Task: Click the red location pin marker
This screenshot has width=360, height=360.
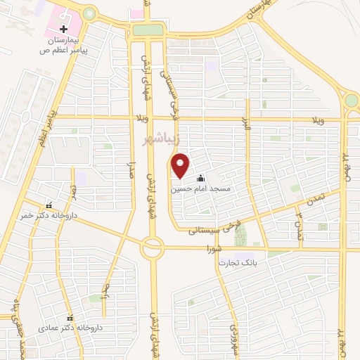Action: (x=181, y=166)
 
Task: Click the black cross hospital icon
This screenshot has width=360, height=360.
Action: (x=64, y=30)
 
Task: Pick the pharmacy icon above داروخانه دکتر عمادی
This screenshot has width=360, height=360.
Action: (x=70, y=317)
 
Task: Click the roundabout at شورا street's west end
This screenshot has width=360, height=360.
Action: (x=151, y=248)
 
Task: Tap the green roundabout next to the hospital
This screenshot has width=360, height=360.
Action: (x=89, y=13)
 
